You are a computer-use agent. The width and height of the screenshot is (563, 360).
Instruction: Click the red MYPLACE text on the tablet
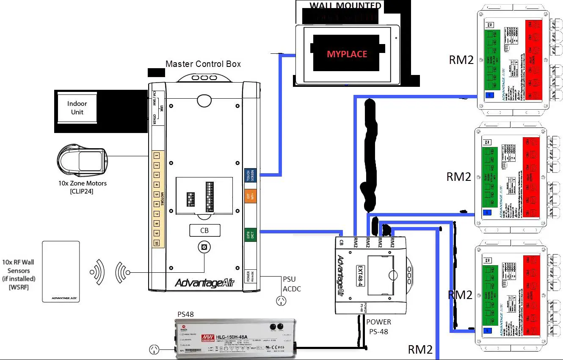click(x=347, y=54)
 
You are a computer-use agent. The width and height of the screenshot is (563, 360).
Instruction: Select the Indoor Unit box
click(x=77, y=108)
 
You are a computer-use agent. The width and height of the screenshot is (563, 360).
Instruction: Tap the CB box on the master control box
click(x=204, y=230)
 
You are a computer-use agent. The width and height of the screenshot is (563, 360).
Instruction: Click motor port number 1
click(x=156, y=156)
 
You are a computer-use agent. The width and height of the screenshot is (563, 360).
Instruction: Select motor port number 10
click(x=156, y=243)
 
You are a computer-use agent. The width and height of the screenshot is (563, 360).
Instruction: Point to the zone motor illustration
click(x=82, y=161)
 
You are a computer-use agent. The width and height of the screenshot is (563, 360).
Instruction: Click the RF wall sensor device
click(x=61, y=271)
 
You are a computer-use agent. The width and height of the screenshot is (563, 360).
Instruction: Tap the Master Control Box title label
click(x=203, y=64)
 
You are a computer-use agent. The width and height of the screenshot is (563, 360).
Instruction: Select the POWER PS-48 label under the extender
click(x=378, y=327)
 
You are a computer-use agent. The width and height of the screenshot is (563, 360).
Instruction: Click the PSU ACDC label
click(x=292, y=283)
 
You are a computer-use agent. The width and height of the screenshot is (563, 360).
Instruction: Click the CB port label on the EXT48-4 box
click(x=341, y=242)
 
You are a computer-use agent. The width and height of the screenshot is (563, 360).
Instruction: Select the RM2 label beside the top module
click(x=461, y=60)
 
